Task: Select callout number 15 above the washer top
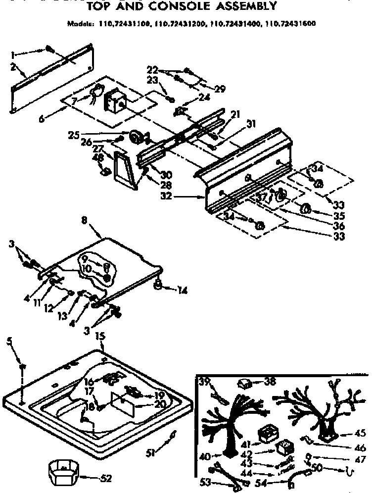click(100, 336)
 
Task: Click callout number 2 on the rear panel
click(13, 67)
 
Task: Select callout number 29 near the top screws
click(220, 89)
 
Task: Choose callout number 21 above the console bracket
click(235, 115)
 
